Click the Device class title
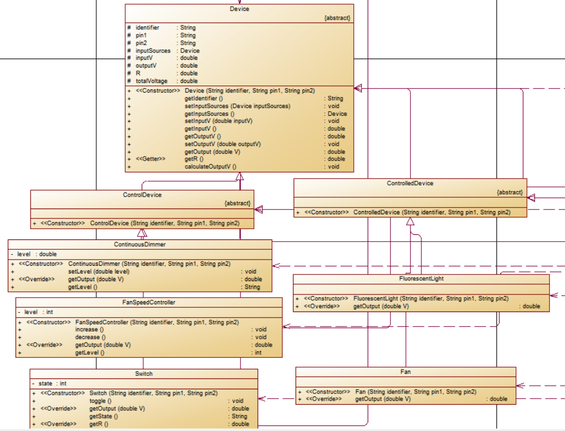pos(239,9)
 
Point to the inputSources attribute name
pos(153,50)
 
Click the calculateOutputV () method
pos(210,166)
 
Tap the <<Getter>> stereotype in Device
pos(150,159)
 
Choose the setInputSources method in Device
pos(237,106)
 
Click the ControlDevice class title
pos(142,195)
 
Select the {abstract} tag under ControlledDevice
pos(509,192)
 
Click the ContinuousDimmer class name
pos(140,244)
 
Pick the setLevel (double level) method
pos(98,271)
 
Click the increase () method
pos(90,330)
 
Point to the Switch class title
pos(144,374)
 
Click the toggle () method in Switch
pos(100,401)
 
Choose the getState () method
pos(104,416)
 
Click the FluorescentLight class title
pos(421,279)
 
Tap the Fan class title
pos(405,371)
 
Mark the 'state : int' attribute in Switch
pos(52,383)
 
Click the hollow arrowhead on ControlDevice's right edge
pos(259,209)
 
